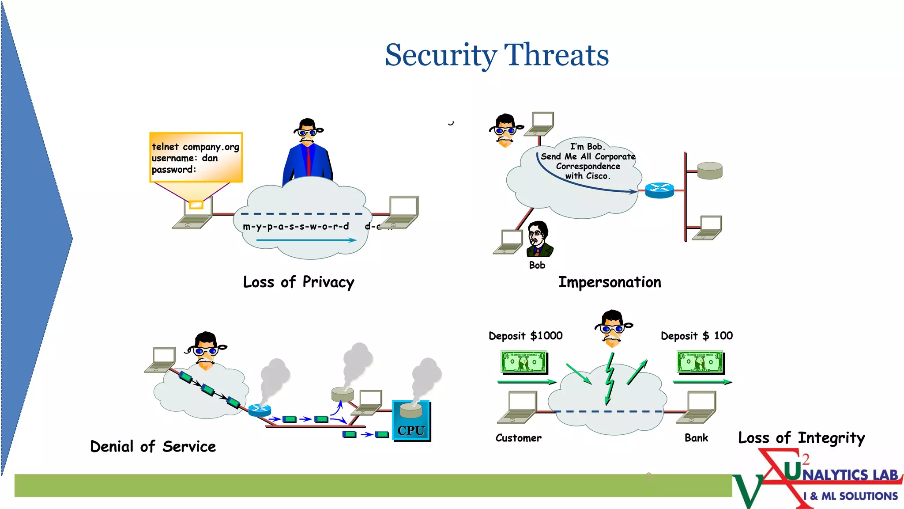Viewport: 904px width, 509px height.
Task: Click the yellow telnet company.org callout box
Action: pos(196,157)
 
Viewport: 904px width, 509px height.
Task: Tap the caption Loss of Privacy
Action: pos(298,282)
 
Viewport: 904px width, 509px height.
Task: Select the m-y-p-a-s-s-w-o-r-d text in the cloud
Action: pos(296,227)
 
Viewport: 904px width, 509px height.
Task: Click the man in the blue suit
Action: pos(308,155)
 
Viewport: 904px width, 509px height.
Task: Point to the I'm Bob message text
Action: pos(588,161)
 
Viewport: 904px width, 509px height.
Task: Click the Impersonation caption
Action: pos(610,282)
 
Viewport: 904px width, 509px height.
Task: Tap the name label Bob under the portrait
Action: pos(537,265)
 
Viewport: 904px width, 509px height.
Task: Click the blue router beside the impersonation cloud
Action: pos(659,190)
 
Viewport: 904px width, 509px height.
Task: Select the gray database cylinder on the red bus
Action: pos(710,171)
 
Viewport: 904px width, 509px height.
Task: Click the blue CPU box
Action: pos(411,422)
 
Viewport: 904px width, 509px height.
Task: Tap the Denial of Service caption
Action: pos(153,446)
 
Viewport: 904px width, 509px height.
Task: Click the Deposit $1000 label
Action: pos(525,336)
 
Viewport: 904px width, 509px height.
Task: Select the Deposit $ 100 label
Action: pos(696,336)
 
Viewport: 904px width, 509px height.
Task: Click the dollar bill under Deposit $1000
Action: pos(524,362)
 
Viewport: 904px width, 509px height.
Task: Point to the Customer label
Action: pos(518,438)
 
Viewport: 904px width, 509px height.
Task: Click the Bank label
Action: pos(696,438)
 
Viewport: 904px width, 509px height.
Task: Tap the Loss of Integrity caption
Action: pos(801,438)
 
